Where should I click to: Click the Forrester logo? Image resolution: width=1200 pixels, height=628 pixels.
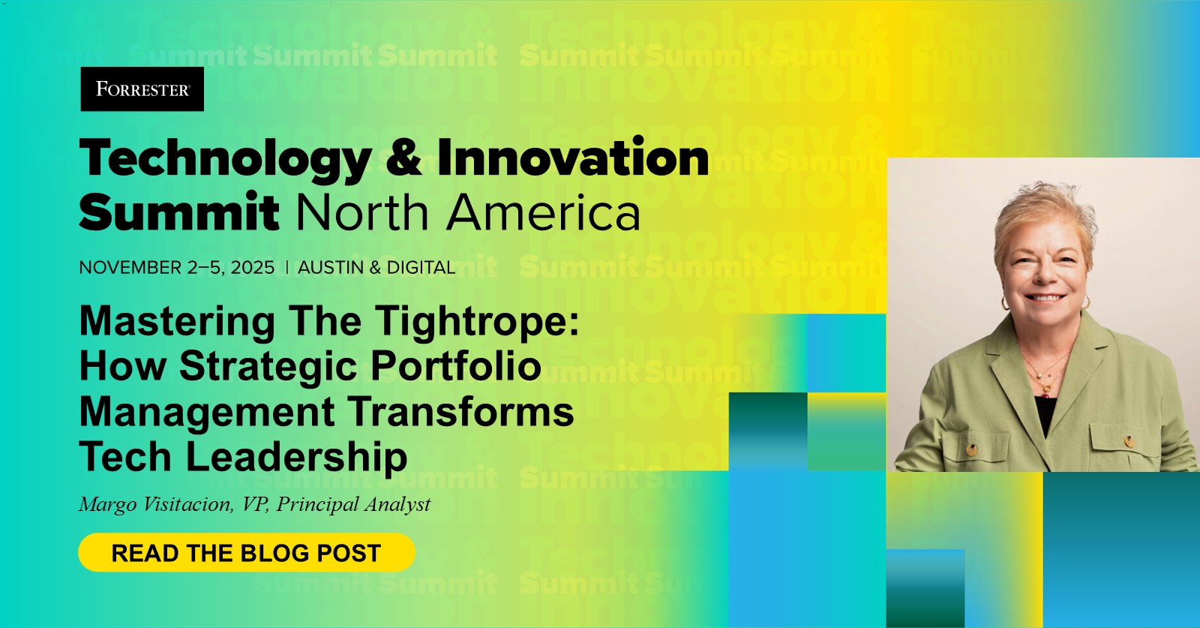(x=142, y=89)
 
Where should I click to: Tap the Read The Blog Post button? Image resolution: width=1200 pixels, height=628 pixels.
(x=246, y=553)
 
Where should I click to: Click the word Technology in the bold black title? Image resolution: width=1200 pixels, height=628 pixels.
(x=225, y=160)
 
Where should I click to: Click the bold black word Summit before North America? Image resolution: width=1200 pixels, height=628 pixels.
(x=178, y=212)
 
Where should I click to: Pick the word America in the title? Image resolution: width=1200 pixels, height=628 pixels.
(x=544, y=212)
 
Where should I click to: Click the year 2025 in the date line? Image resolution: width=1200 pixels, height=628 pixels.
(x=253, y=268)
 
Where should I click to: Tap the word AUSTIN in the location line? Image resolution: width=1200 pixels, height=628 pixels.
(x=331, y=268)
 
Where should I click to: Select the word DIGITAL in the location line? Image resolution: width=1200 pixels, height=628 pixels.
(x=421, y=268)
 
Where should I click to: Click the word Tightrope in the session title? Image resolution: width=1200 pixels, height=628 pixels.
(x=477, y=322)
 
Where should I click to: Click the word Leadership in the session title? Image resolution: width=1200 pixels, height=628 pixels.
(x=296, y=457)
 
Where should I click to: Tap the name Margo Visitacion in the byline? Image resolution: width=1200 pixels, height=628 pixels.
(x=155, y=504)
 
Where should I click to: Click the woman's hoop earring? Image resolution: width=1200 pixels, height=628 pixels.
(x=1006, y=302)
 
